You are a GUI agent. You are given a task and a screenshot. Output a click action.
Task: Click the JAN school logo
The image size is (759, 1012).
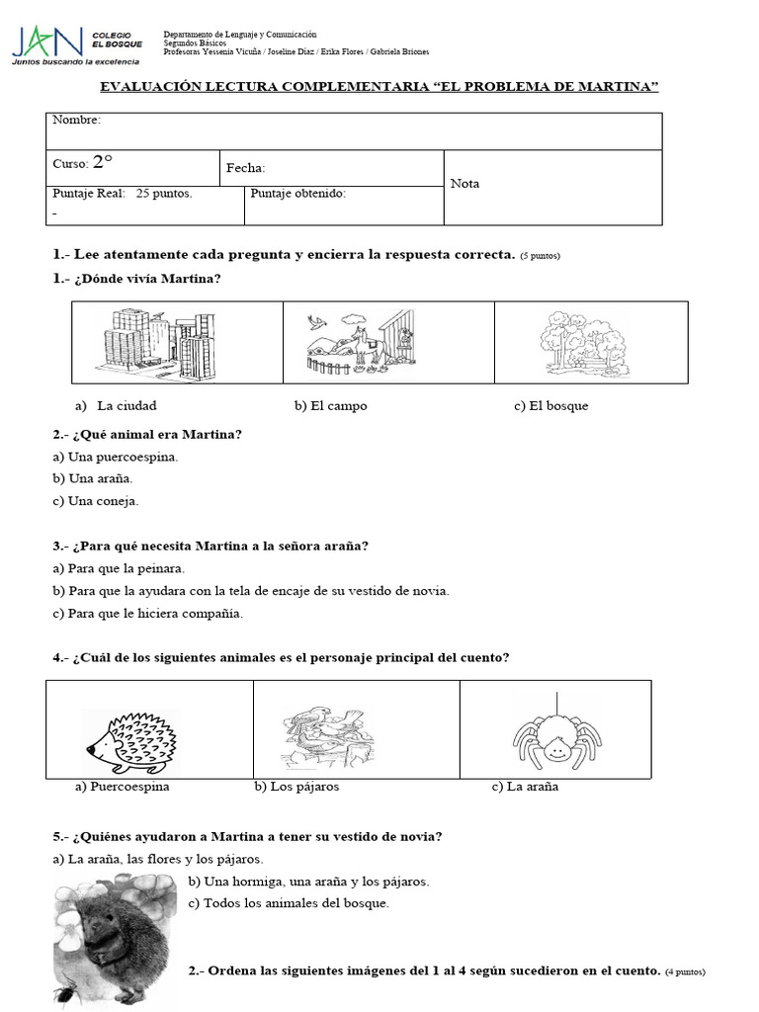[x=47, y=42]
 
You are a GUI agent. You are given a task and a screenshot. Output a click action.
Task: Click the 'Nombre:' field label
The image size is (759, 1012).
[x=76, y=121]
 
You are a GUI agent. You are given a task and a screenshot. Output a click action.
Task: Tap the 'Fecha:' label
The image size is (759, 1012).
[x=245, y=169]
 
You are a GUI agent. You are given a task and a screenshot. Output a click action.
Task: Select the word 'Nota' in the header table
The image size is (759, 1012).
[x=464, y=184]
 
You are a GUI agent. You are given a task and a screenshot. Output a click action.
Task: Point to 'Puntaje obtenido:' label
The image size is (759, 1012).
[x=297, y=194]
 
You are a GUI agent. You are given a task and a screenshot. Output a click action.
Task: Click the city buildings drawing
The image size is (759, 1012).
[x=156, y=341]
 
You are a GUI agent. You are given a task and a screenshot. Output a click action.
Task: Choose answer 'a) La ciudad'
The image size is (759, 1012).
[x=117, y=406]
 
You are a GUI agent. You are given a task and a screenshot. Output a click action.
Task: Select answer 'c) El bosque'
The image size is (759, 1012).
[x=550, y=406]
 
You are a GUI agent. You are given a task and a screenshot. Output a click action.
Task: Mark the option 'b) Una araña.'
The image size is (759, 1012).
[x=93, y=478]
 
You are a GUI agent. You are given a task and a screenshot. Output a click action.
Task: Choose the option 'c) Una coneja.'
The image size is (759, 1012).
[x=96, y=500]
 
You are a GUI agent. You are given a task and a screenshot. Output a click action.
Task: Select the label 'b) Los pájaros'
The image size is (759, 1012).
[x=296, y=787]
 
